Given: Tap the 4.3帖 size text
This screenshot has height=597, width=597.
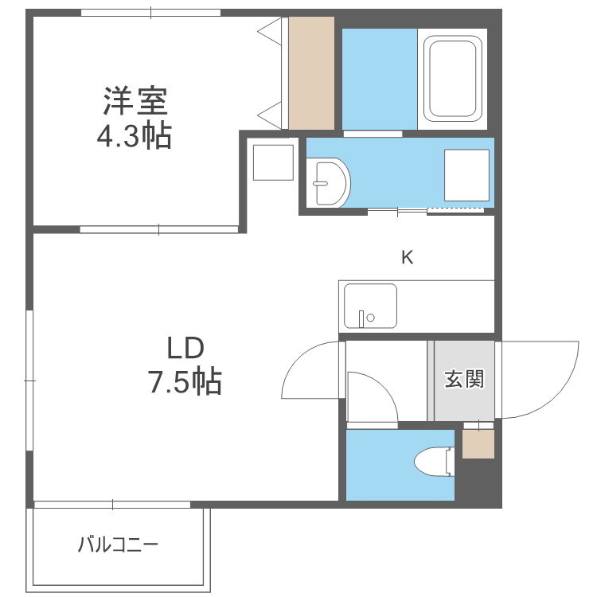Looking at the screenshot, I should [135, 136].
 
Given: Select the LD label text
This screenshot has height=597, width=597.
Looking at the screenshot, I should [185, 348].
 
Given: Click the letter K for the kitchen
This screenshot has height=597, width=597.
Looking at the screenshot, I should [407, 257].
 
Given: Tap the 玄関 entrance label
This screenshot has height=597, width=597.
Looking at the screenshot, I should [463, 379].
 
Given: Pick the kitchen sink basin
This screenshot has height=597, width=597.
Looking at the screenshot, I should [370, 306].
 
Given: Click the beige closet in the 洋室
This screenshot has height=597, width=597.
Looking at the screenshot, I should [311, 72].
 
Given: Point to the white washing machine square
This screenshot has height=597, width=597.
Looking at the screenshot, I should [466, 174].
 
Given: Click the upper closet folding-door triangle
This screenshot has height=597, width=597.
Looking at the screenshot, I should [272, 33].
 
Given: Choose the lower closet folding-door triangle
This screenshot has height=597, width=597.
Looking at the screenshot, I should [272, 114].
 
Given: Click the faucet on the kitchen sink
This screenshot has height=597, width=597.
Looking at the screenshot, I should [363, 318].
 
